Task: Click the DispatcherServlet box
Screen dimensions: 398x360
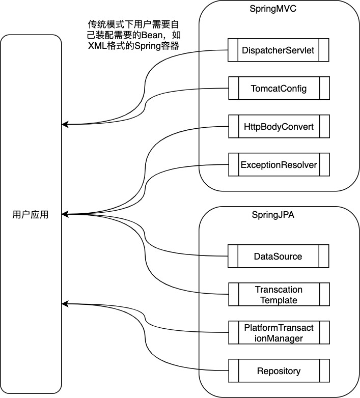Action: coord(279,50)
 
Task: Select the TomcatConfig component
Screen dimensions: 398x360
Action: coord(279,89)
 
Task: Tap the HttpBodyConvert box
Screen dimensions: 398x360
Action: coord(279,127)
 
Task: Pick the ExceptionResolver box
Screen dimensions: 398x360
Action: coord(279,165)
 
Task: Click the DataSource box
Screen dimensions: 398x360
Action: coord(278,256)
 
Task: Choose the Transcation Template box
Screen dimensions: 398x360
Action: coord(278,295)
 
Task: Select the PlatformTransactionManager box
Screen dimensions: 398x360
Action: coord(278,333)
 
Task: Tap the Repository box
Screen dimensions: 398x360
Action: coord(278,371)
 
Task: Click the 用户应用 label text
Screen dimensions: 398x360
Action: coord(30,214)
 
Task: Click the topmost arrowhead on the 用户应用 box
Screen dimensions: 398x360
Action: coord(64,124)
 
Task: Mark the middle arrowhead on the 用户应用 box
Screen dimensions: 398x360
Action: coord(64,214)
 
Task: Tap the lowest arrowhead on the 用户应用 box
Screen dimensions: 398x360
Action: coord(64,304)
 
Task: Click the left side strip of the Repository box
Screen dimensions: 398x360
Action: coord(233,371)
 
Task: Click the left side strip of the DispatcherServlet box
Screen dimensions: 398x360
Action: coord(233,50)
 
